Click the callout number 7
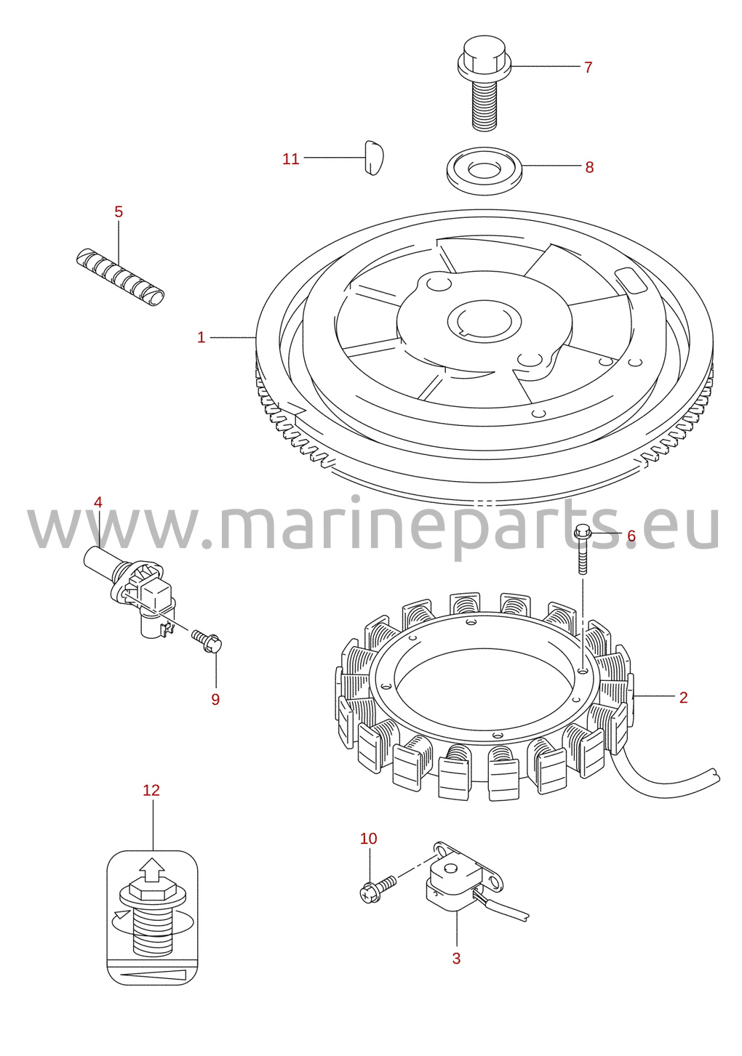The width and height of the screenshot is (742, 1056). [588, 68]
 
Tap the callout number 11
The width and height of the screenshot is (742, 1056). [291, 159]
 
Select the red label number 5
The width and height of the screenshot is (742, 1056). [119, 211]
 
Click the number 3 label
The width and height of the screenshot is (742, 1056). [456, 959]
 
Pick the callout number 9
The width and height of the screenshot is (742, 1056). [215, 699]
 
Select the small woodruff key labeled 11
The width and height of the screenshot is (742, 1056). [374, 158]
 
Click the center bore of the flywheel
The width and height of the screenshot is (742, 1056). [484, 321]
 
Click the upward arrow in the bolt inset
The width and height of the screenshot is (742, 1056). [152, 870]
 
